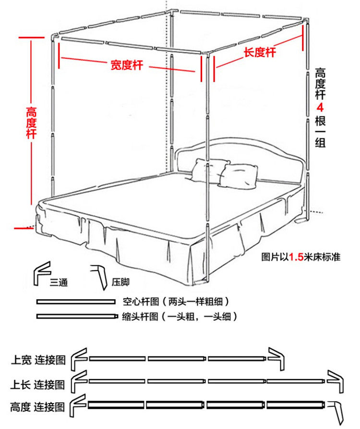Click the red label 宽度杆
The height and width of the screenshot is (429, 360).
point(127,64)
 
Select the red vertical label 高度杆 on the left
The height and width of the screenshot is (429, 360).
point(32,123)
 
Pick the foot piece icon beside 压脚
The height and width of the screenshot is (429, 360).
point(99,276)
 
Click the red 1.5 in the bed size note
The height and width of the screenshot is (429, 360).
point(295,257)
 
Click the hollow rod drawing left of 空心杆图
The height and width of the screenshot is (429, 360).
point(76,302)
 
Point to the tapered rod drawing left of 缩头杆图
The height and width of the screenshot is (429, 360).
point(77,317)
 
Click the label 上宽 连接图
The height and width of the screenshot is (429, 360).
point(38,360)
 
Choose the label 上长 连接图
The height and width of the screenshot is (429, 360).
point(38,384)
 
